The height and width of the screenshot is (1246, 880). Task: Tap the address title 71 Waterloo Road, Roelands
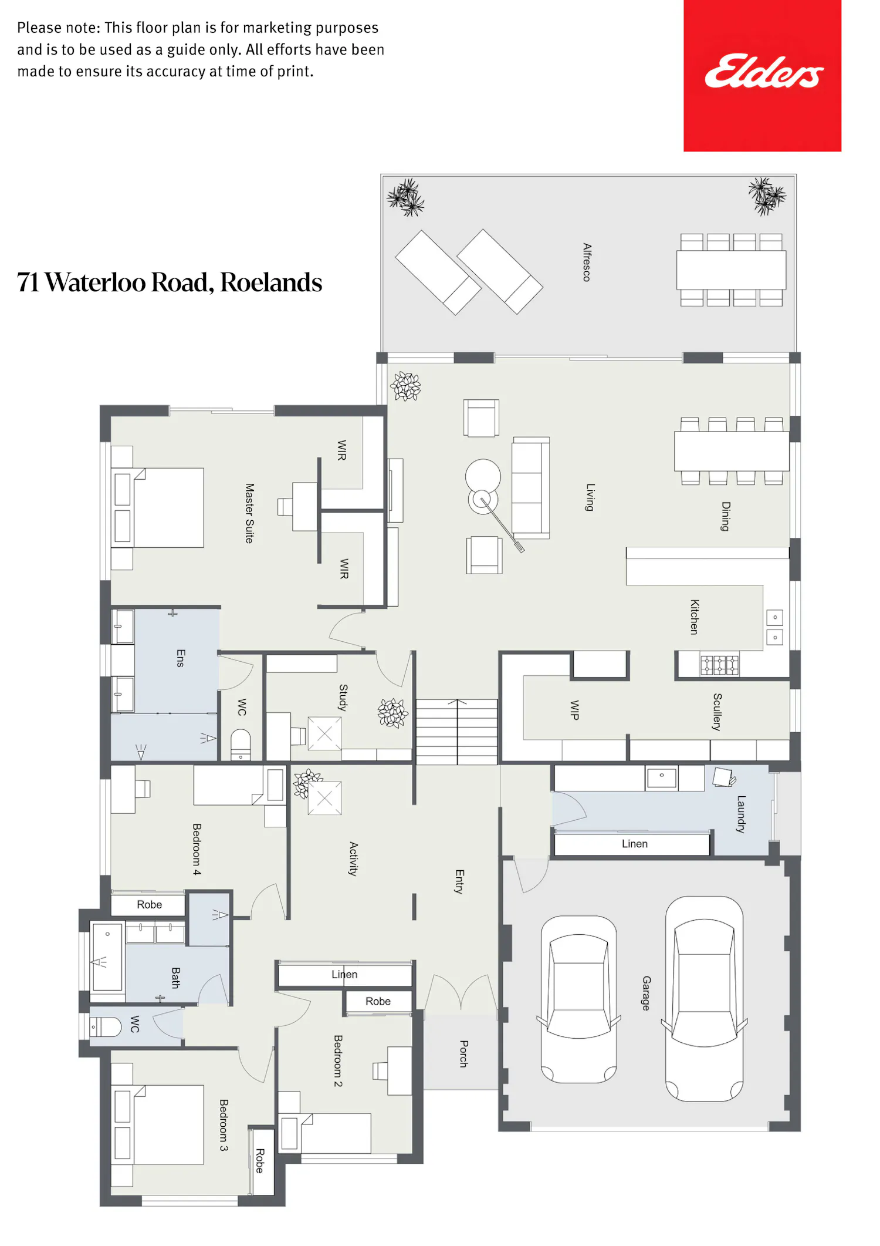170,282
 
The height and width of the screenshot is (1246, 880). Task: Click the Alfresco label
587,262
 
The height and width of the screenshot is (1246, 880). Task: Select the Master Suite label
249,513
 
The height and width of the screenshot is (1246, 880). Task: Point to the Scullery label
717,711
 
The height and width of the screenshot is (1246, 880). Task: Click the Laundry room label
741,813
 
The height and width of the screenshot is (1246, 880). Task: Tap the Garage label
646,992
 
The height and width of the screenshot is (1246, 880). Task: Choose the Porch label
463,1053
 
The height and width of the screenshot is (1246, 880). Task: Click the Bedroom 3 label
224,1124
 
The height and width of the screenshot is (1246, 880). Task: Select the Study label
343,697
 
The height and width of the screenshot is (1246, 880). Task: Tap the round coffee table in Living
483,476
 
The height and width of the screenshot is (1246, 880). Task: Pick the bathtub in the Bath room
107,956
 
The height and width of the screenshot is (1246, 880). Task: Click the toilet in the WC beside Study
241,744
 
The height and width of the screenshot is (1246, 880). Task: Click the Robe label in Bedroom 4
149,904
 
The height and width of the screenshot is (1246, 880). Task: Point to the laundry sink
661,777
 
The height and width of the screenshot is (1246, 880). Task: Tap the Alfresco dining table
731,270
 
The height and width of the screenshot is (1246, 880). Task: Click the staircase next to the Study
457,732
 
